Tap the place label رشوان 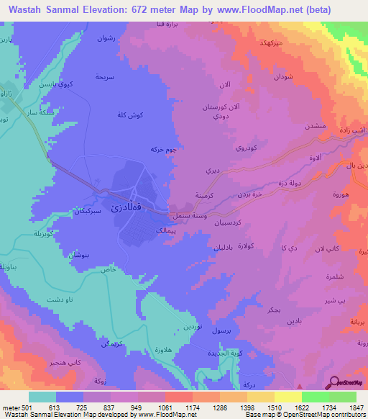click(107, 37)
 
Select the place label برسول click(224, 330)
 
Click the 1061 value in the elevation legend click(152, 407)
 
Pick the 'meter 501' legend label click(16, 407)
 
